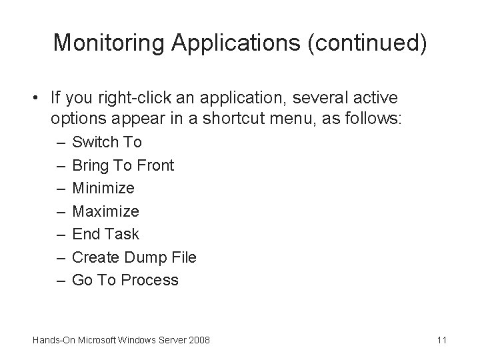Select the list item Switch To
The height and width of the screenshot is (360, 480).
[x=106, y=142]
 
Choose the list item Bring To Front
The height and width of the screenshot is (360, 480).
[x=122, y=165]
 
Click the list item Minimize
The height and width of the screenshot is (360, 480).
[x=103, y=188]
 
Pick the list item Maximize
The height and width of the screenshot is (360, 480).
[x=105, y=211]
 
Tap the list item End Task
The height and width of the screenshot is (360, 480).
[x=105, y=234]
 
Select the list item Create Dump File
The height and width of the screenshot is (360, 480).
[x=133, y=257]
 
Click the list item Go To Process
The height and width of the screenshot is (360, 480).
[x=125, y=280]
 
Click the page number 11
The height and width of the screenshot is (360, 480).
[x=441, y=341]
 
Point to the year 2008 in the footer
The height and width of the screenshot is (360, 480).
[x=199, y=341]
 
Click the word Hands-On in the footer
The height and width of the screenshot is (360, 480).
[x=52, y=341]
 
